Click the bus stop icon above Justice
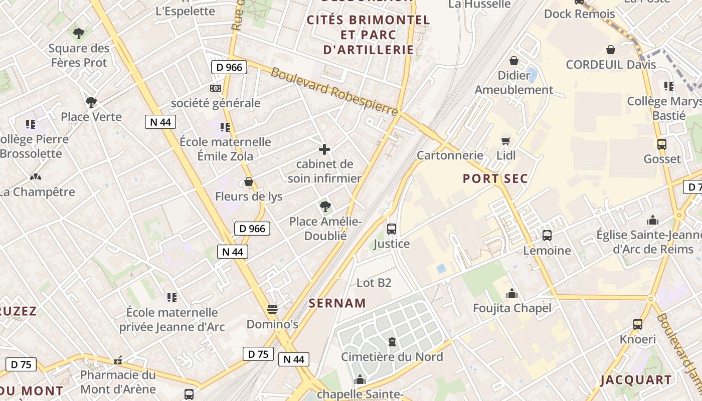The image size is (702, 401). point(392,229)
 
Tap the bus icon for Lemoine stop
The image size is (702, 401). point(547,236)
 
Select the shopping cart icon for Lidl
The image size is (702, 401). point(506,141)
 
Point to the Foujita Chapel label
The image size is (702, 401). point(512,308)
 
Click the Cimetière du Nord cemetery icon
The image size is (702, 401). point(392,342)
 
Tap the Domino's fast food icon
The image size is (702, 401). point(272,309)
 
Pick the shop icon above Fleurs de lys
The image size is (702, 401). point(249,181)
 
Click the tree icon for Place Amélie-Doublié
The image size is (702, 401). point(325,206)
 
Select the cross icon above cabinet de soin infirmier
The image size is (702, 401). point(324,149)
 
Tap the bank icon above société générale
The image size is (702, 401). point(216,88)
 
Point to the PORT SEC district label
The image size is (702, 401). point(495,178)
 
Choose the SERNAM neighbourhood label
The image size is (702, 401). point(337,303)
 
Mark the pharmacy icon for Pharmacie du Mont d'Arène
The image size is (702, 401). point(118,360)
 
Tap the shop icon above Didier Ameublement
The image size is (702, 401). point(514,61)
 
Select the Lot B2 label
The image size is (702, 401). point(374,283)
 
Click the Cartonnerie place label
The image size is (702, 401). point(450,155)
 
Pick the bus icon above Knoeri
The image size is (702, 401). point(637,324)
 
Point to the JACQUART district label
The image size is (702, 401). point(636,380)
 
